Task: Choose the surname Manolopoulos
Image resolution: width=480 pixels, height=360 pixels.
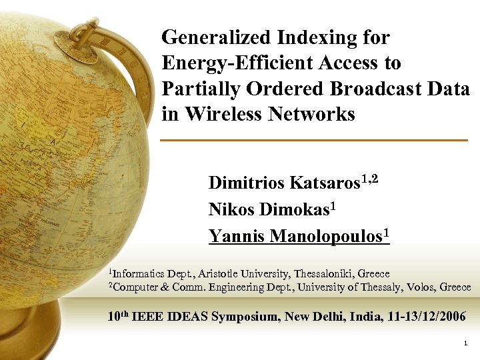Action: coord(324,236)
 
